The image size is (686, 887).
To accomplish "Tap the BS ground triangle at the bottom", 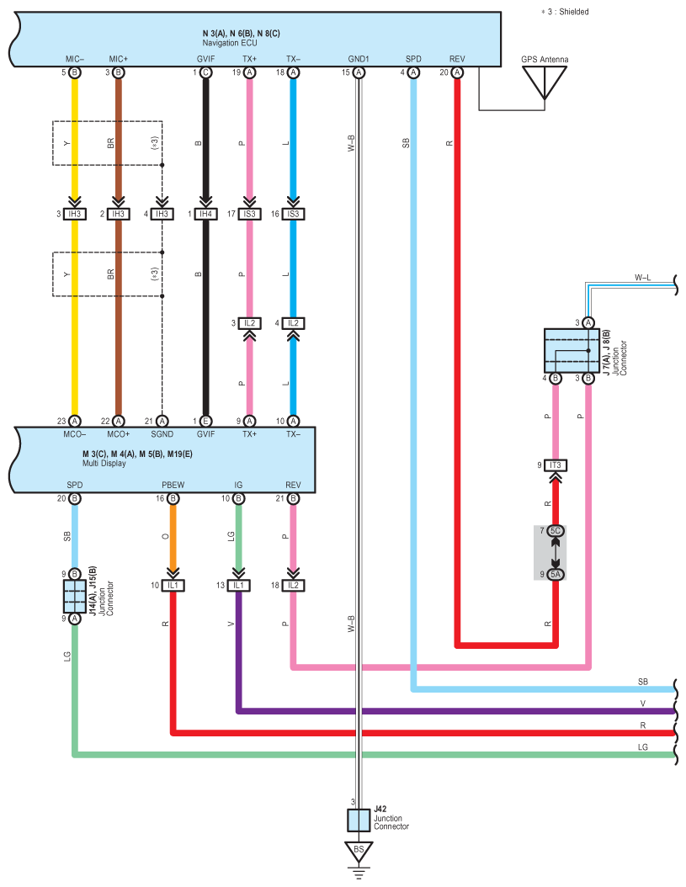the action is click(359, 851).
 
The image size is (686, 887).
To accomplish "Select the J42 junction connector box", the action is click(359, 821).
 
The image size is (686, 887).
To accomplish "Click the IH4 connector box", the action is click(205, 214).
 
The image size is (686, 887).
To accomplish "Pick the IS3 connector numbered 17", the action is click(249, 214).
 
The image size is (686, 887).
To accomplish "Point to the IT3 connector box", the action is click(556, 465).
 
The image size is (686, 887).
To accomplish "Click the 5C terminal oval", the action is click(556, 531).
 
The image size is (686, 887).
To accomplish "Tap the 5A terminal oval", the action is click(556, 574).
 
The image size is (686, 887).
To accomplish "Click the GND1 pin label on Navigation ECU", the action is click(359, 59).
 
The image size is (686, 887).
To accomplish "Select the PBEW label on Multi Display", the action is click(173, 485).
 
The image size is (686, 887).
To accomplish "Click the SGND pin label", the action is click(162, 434).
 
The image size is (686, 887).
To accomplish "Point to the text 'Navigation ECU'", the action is click(230, 43).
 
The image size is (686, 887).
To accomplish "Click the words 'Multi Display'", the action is click(104, 464).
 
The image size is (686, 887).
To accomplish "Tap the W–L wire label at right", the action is click(642, 277).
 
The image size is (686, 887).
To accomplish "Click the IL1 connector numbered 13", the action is click(238, 585).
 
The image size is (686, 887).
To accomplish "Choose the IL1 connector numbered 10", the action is click(173, 585).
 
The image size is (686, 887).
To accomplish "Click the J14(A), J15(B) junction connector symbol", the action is click(75, 596).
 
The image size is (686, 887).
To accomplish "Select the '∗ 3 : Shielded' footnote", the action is click(565, 11).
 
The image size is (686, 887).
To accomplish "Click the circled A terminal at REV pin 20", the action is click(457, 72).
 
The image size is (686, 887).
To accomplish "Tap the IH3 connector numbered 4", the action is click(162, 214).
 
